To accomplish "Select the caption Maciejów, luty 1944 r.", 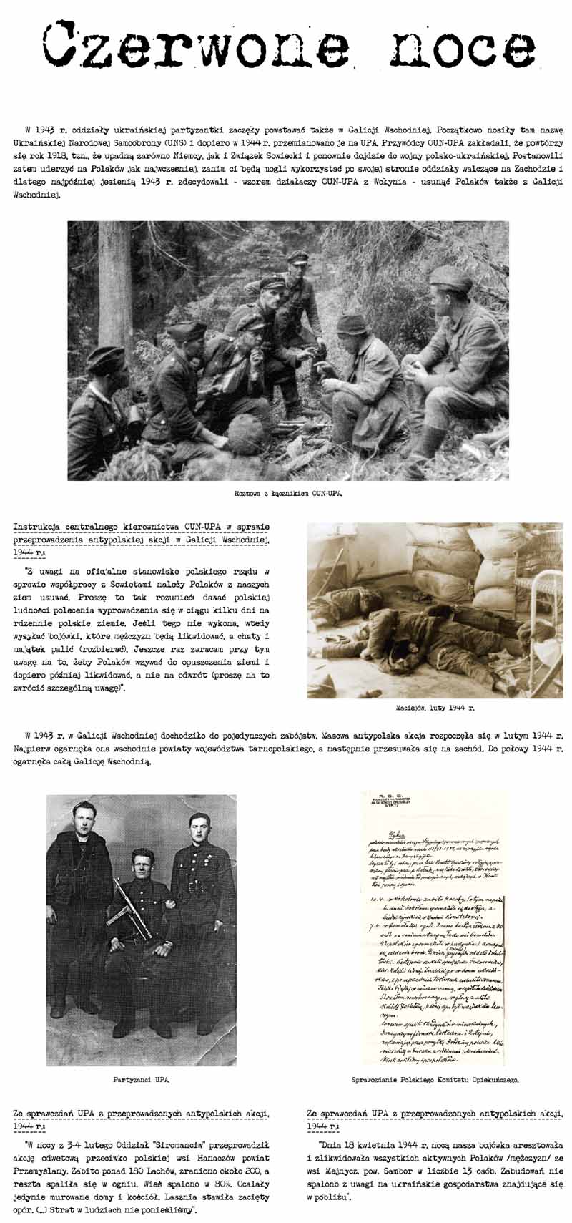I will point(435,707).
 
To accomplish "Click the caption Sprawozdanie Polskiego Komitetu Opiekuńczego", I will point(435,1079).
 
